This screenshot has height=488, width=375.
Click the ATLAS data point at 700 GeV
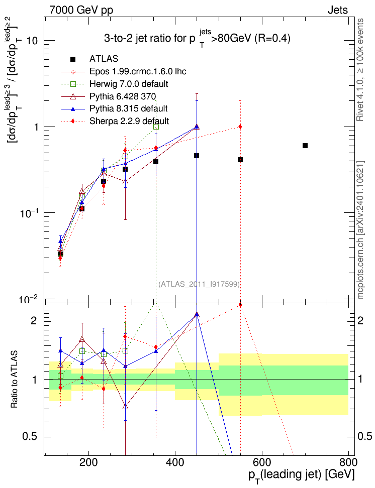(305, 146)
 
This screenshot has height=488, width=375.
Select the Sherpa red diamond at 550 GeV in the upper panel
(240, 127)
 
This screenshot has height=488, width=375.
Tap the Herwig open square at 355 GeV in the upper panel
(156, 127)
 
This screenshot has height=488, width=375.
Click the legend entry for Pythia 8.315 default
(128, 108)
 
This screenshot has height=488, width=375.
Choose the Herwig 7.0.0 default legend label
(129, 84)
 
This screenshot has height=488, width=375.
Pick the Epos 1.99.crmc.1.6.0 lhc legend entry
(138, 72)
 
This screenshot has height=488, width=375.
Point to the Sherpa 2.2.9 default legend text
(129, 121)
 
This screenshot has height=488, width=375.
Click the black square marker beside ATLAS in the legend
(72, 59)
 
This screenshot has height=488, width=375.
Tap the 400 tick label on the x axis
(175, 462)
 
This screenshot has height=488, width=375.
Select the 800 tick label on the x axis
(348, 462)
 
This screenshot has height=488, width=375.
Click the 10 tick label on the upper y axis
(32, 41)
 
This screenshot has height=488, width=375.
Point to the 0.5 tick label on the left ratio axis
(30, 437)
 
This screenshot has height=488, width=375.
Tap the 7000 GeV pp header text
(81, 10)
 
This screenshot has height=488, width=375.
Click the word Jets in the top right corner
(338, 10)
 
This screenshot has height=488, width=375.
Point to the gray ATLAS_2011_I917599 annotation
(199, 284)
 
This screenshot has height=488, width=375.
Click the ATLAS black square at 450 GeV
(197, 156)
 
